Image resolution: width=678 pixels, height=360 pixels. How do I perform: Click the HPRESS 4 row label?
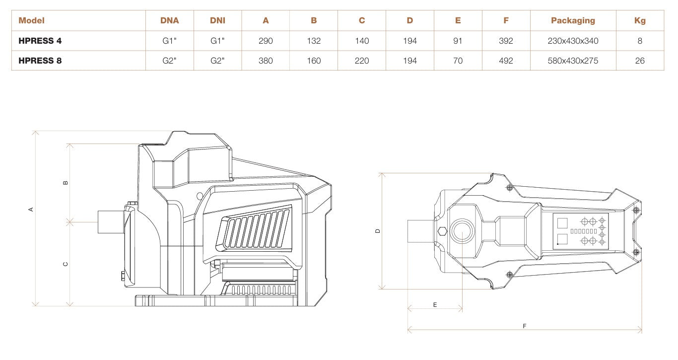tap(40, 41)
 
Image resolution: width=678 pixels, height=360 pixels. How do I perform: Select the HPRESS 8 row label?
tap(40, 61)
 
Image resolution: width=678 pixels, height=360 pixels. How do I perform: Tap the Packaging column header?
tap(573, 20)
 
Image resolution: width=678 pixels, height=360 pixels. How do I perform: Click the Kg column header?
tap(640, 20)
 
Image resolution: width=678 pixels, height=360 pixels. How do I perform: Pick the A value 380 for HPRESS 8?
tap(266, 61)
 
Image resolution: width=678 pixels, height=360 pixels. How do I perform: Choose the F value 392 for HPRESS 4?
tap(506, 41)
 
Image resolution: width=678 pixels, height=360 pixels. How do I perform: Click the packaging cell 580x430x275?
tap(573, 61)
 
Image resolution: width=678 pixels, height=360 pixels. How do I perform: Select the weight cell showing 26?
tap(640, 61)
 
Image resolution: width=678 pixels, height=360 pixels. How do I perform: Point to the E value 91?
tap(458, 41)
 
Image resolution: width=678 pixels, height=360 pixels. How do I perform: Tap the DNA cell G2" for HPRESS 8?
tap(170, 61)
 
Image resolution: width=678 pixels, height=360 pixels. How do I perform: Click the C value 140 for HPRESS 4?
tap(362, 41)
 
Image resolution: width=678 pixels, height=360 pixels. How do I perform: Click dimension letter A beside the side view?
tap(31, 210)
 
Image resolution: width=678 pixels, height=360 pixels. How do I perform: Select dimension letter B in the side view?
tap(66, 182)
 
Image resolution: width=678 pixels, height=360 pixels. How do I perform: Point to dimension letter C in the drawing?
tap(66, 264)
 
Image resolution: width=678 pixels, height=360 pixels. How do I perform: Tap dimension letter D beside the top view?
tap(378, 231)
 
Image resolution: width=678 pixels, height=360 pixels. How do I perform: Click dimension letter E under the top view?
tap(435, 304)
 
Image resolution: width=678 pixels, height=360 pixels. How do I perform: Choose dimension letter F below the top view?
tap(525, 326)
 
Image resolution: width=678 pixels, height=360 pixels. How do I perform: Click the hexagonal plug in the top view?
tap(442, 231)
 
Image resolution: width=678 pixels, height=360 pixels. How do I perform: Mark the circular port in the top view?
tap(462, 231)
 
